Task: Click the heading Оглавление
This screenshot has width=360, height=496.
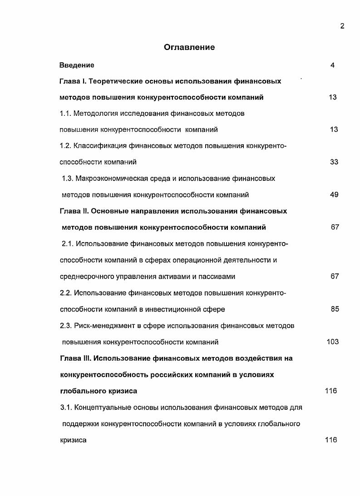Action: pos(189,47)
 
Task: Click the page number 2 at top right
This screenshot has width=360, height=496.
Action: pos(342,26)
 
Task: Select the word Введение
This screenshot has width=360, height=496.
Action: pos(77,65)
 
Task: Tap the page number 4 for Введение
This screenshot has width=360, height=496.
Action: pos(333,65)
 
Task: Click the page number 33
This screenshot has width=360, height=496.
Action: pos(334,162)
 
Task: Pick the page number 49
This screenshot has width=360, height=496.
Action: pos(334,195)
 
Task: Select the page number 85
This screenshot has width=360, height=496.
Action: pos(335,309)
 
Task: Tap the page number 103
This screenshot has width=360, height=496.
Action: pos(333,342)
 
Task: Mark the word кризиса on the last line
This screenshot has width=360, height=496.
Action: pos(73,440)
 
